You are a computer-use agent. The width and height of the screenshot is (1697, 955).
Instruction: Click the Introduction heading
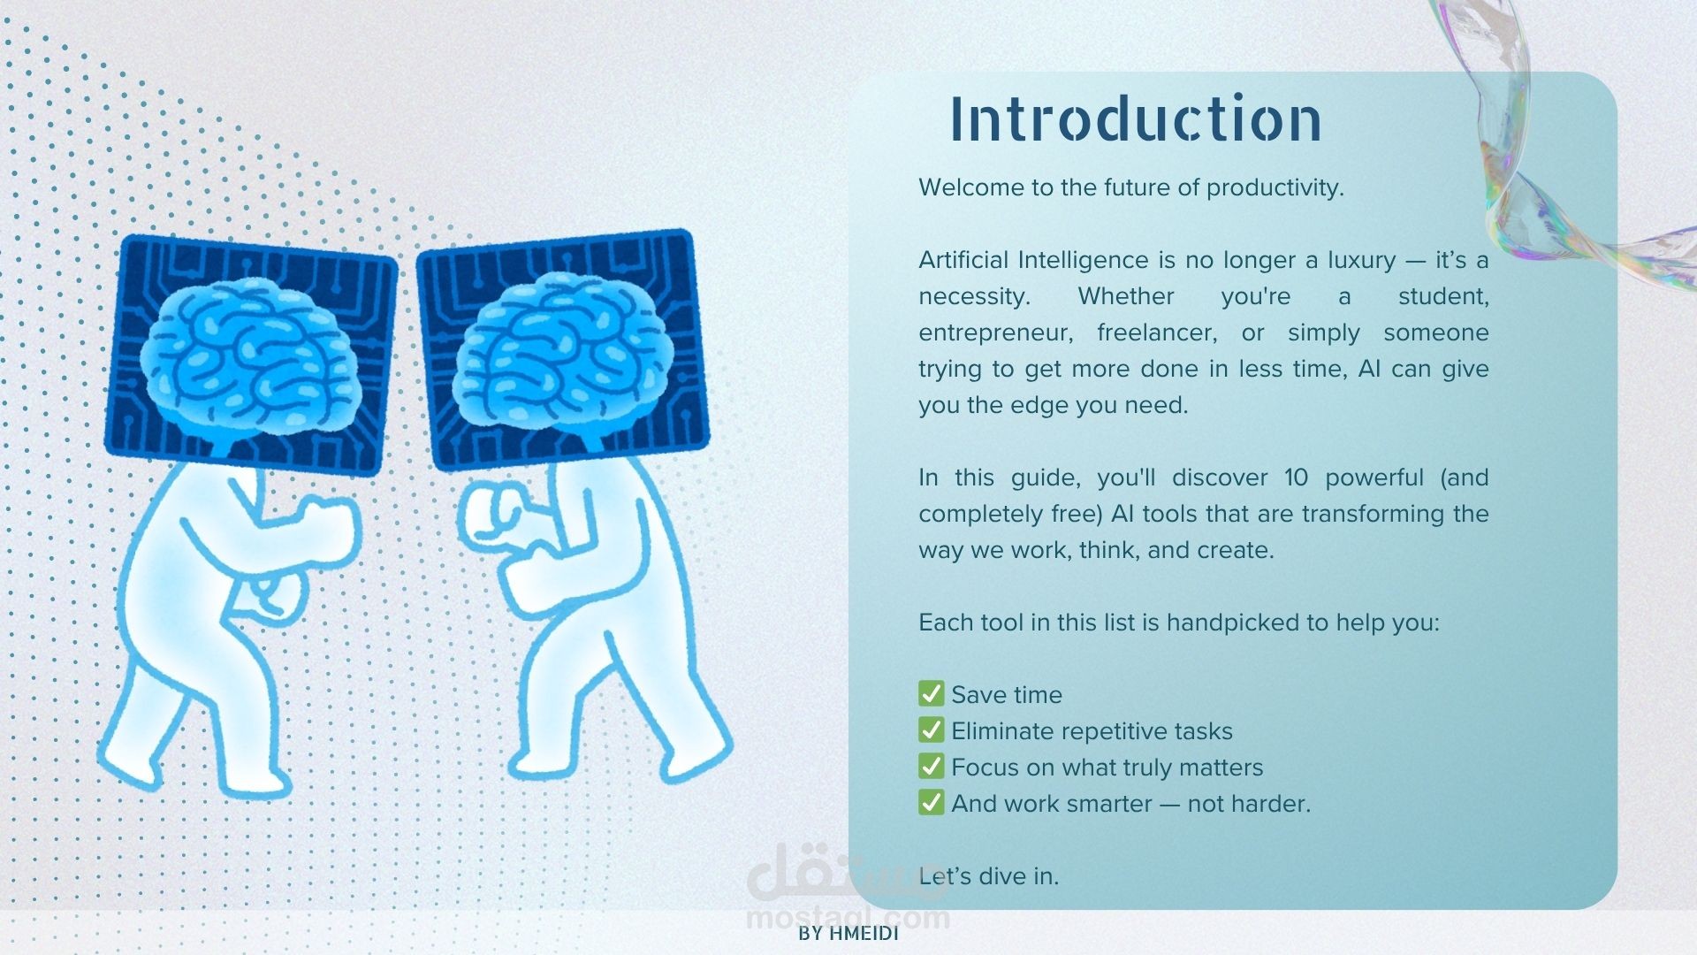(x=1136, y=118)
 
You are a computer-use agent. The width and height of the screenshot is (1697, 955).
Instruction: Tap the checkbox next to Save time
(x=931, y=693)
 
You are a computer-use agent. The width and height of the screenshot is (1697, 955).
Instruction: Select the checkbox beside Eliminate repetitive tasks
(x=931, y=730)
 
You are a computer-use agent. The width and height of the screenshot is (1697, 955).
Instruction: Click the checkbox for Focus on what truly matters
(x=931, y=766)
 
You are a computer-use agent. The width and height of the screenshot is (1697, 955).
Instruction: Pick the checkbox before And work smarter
(x=931, y=802)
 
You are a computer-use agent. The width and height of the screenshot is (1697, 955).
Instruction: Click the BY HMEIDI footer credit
(x=848, y=934)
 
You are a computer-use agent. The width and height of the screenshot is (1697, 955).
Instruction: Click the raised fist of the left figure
(x=329, y=527)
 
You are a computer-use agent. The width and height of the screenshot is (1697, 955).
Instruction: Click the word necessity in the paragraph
(x=974, y=297)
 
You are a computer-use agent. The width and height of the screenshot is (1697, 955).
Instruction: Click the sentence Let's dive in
(x=988, y=875)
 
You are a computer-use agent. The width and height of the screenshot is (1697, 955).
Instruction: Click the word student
(x=1443, y=297)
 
